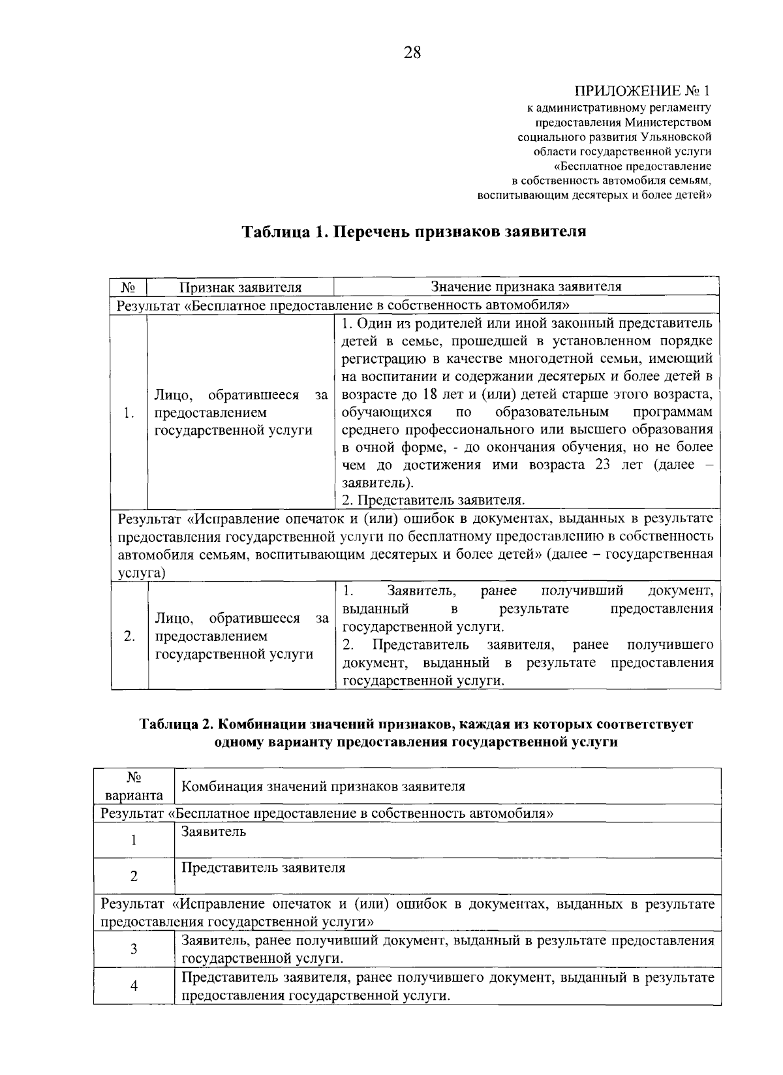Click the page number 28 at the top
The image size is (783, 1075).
[x=412, y=53]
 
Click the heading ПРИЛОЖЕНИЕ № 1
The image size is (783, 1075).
[x=642, y=91]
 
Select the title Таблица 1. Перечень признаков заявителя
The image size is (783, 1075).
[x=414, y=232]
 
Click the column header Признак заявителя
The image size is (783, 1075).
[x=241, y=287]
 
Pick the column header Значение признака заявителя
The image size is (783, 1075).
[x=526, y=287]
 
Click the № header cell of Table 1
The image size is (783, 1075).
[x=128, y=287]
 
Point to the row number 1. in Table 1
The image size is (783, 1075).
[x=129, y=413]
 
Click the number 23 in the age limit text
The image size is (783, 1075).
[x=604, y=465]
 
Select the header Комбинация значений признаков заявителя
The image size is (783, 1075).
[x=323, y=787]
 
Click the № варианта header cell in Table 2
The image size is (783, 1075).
[x=134, y=787]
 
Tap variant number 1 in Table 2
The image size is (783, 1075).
[x=134, y=840]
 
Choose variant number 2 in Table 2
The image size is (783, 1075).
[x=134, y=876]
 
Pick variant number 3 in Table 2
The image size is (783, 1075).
[x=134, y=949]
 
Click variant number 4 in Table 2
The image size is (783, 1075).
[x=134, y=986]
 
